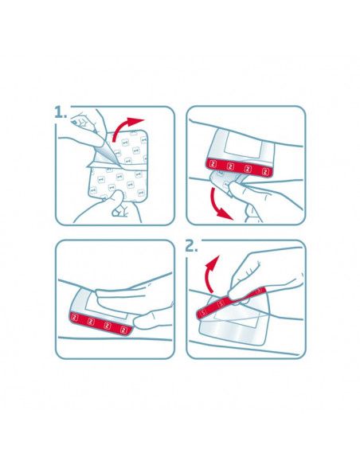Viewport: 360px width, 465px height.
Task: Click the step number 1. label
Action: [x=63, y=114]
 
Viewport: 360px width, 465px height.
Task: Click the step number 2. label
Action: [x=194, y=246]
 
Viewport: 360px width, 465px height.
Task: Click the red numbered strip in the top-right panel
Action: [x=247, y=166]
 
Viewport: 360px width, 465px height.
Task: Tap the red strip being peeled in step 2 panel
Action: [x=231, y=301]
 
